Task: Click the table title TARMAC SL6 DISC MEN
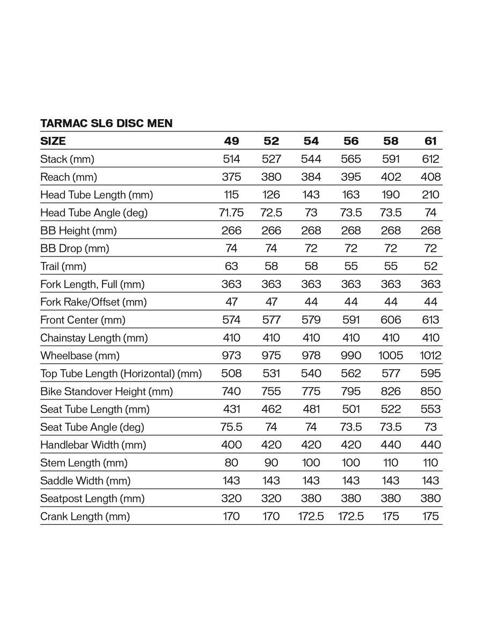click(106, 123)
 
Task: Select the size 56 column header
click(351, 141)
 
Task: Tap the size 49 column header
click(231, 141)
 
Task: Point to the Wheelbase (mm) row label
click(80, 355)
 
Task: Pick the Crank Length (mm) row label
click(85, 516)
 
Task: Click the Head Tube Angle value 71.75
click(231, 213)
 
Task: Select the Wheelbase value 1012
click(430, 355)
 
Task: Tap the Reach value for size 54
click(311, 177)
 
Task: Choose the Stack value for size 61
click(430, 159)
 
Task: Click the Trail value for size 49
click(231, 266)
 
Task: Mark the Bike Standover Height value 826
click(391, 391)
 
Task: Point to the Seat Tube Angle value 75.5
click(231, 427)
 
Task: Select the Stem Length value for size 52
click(272, 463)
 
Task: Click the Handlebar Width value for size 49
click(231, 445)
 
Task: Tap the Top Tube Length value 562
click(351, 374)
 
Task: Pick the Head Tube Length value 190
click(391, 195)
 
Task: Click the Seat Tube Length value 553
click(430, 409)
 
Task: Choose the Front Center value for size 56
click(351, 320)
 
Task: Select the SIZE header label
click(53, 141)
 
